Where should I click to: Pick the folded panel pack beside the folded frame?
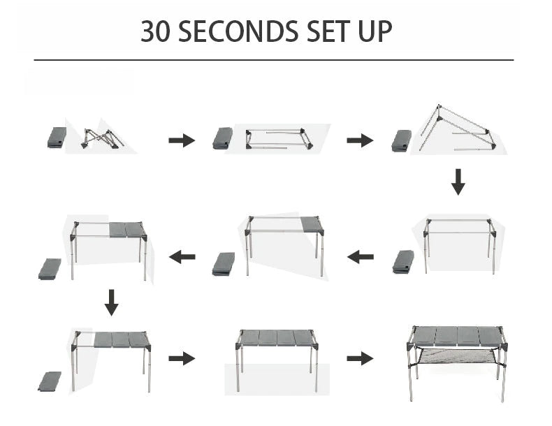[x=57, y=137]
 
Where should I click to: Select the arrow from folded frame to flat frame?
[x=182, y=140]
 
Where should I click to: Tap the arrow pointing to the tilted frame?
[x=360, y=140]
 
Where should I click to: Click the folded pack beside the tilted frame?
[x=402, y=140]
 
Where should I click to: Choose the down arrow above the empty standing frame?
[x=458, y=181]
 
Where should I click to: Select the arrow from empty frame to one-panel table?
[x=361, y=257]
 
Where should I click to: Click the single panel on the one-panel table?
[x=312, y=224]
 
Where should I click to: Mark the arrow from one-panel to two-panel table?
[x=182, y=257]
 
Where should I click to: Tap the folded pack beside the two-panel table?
[x=50, y=268]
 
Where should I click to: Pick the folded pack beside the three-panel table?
[x=49, y=381]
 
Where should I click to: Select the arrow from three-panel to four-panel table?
[x=182, y=358]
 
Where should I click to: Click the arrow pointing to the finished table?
[x=360, y=358]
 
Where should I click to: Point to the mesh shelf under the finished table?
[x=457, y=360]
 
